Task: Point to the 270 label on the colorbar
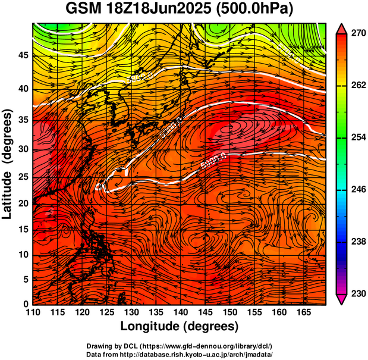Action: [x=358, y=34]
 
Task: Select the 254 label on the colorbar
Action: [x=358, y=137]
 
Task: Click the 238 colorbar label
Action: [x=358, y=242]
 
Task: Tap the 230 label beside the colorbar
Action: [x=358, y=293]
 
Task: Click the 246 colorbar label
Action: [x=358, y=190]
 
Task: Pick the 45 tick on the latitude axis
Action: [x=23, y=55]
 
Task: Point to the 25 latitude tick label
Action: [x=23, y=177]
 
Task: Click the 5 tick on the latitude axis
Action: [x=26, y=279]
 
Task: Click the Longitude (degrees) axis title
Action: [x=180, y=326]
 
